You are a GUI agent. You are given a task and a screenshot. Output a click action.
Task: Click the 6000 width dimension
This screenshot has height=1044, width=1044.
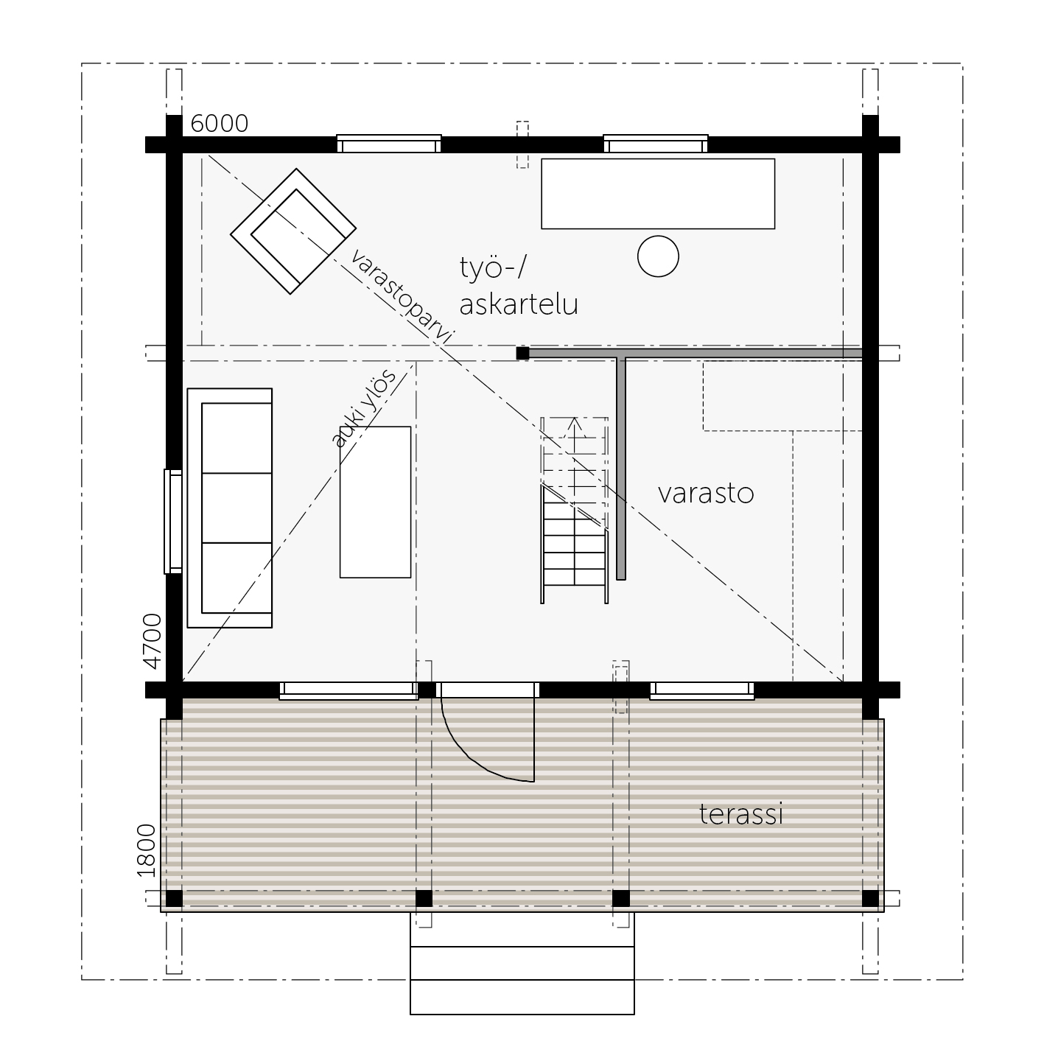[220, 124]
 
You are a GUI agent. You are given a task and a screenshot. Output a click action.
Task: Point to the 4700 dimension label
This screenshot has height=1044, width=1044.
[153, 642]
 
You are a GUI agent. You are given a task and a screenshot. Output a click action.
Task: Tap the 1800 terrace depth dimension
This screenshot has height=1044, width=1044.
[147, 850]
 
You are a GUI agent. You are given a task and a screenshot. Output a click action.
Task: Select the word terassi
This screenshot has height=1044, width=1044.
[740, 814]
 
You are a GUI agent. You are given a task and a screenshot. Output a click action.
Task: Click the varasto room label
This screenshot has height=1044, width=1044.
[706, 494]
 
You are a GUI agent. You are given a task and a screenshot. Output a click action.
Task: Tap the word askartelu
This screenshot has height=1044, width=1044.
[519, 304]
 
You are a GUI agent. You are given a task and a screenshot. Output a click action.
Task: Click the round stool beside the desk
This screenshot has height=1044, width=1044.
[658, 256]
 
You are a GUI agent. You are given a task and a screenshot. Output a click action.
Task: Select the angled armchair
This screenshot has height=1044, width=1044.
[293, 231]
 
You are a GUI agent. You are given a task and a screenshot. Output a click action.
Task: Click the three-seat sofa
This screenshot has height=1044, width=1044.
[230, 508]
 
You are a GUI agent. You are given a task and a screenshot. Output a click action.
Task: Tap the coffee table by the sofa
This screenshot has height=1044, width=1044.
[375, 502]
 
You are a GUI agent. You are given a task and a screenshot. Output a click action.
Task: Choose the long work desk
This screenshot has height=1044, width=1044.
[658, 194]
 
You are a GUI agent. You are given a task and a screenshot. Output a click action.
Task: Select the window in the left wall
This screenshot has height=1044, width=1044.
[173, 522]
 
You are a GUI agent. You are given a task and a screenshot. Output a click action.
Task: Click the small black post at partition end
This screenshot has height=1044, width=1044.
[522, 353]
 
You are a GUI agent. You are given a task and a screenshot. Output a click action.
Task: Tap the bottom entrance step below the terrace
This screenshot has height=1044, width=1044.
[522, 997]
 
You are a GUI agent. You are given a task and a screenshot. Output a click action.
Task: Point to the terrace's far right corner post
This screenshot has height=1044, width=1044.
[870, 898]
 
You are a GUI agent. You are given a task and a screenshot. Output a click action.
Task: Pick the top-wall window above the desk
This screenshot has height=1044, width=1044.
[656, 144]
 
